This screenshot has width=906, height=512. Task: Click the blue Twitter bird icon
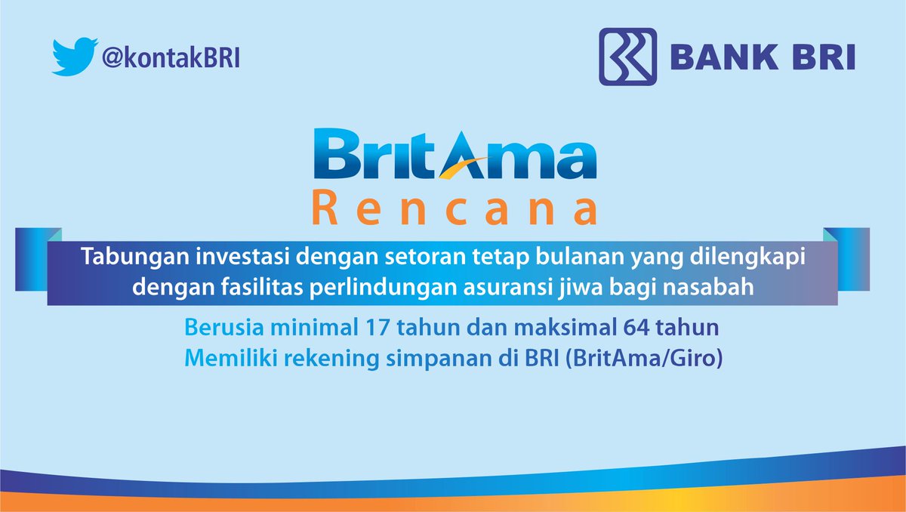(x=74, y=57)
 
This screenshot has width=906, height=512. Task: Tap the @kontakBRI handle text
(x=170, y=58)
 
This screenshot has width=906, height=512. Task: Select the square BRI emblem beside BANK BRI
(x=627, y=57)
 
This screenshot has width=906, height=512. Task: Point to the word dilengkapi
(x=758, y=258)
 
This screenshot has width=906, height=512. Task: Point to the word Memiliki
(x=221, y=359)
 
